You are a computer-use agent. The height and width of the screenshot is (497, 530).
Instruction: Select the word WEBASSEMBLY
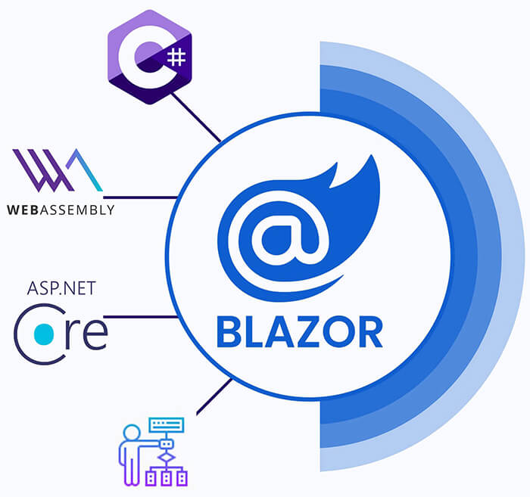pyautogui.click(x=61, y=210)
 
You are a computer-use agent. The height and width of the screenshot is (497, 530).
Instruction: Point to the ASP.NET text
pyautogui.click(x=61, y=288)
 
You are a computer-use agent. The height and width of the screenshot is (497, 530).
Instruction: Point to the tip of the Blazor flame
pyautogui.click(x=371, y=159)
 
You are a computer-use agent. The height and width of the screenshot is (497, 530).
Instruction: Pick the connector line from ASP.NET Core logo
pyautogui.click(x=144, y=317)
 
